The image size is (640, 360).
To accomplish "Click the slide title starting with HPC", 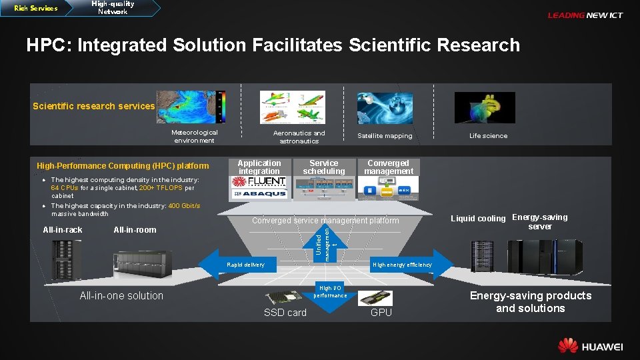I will click(x=273, y=45).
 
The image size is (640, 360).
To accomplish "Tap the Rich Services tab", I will click(x=36, y=9).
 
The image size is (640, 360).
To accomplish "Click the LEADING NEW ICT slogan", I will click(x=585, y=15).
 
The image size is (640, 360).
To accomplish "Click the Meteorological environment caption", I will click(x=195, y=136).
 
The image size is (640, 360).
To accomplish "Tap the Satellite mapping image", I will click(x=385, y=107).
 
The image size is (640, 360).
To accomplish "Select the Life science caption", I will click(x=488, y=136).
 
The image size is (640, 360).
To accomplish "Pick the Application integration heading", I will click(x=259, y=167).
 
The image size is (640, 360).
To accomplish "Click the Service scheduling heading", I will click(x=324, y=167).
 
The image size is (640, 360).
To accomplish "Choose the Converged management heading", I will click(x=388, y=167).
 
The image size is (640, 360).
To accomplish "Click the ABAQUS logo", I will click(x=259, y=194).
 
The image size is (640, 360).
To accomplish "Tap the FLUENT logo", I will click(x=259, y=182).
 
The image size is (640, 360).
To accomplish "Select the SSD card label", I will click(x=285, y=313).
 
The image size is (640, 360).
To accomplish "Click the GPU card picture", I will click(x=376, y=297).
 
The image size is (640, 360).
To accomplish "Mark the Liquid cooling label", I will click(x=478, y=219).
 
